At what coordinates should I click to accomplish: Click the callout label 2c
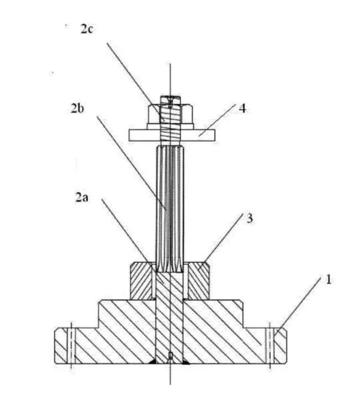[x=86, y=29]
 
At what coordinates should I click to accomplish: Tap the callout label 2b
[x=78, y=108]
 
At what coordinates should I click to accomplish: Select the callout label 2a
[x=82, y=198]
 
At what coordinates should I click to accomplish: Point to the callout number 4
[x=242, y=108]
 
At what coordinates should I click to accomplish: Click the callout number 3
[x=250, y=219]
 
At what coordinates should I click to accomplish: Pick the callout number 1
[x=328, y=279]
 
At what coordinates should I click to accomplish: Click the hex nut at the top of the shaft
[x=170, y=114]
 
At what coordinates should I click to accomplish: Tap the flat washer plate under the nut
[x=172, y=135]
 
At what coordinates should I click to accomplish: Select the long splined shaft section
[x=170, y=209]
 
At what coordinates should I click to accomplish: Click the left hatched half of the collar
[x=141, y=281]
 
